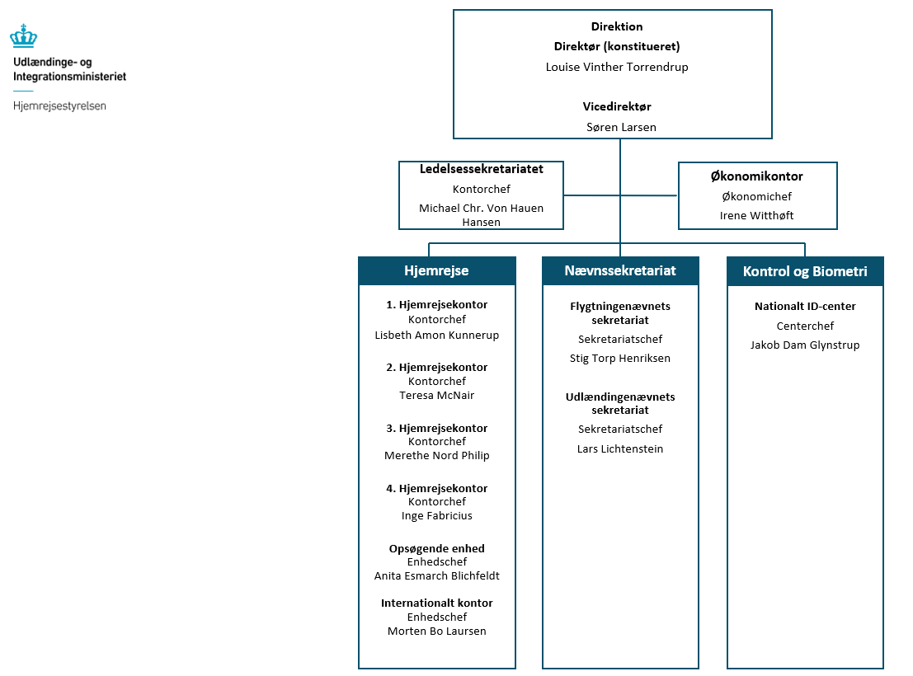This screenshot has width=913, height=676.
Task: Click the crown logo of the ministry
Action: click(x=23, y=35)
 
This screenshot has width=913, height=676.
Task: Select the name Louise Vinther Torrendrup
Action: click(x=617, y=67)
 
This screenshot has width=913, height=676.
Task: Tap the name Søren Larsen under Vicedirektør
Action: click(x=620, y=127)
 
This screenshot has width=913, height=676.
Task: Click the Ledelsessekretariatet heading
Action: click(x=481, y=169)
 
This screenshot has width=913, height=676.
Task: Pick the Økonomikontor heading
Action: click(x=756, y=176)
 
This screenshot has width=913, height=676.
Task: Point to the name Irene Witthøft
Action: click(x=756, y=215)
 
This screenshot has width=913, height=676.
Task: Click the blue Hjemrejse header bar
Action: click(x=436, y=270)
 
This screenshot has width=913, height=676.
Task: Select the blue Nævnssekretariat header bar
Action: click(x=619, y=270)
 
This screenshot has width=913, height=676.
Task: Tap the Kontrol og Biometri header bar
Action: click(x=804, y=271)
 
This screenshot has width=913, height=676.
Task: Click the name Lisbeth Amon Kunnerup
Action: click(x=436, y=335)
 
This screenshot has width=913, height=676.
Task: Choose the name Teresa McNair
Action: click(x=436, y=395)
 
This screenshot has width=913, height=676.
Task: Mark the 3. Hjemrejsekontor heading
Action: click(x=436, y=428)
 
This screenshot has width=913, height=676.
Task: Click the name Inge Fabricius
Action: click(x=436, y=515)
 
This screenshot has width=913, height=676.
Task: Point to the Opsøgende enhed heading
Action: click(x=436, y=548)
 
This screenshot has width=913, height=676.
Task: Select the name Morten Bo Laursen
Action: click(x=436, y=631)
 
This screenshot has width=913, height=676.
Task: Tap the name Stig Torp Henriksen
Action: click(x=619, y=358)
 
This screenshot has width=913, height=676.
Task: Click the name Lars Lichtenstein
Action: click(x=619, y=448)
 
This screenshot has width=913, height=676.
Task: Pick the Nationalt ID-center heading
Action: click(x=805, y=306)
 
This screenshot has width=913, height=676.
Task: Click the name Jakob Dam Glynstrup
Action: click(x=804, y=345)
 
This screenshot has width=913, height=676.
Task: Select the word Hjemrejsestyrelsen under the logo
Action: click(x=59, y=106)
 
